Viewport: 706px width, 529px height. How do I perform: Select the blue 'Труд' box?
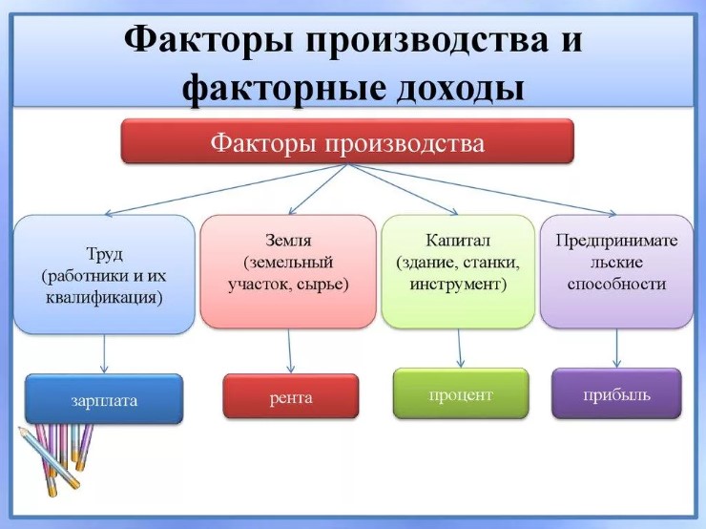(103, 274)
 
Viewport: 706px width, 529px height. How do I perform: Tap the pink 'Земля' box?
(288, 271)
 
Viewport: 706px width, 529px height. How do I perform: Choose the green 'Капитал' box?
(458, 271)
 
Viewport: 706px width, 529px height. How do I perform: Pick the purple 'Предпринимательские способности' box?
(616, 271)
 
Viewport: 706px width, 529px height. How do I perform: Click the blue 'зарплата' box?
(103, 399)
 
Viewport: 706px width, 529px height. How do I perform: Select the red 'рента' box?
(291, 396)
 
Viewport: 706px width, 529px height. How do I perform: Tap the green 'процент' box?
(460, 393)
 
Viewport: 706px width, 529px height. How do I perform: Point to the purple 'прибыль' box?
(616, 393)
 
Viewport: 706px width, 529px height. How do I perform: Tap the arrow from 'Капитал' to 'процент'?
(460, 349)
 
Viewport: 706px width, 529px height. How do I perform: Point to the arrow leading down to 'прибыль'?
(616, 349)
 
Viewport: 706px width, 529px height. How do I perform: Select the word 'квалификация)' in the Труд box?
(103, 297)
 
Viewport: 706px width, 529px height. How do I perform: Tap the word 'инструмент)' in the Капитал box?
(458, 285)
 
